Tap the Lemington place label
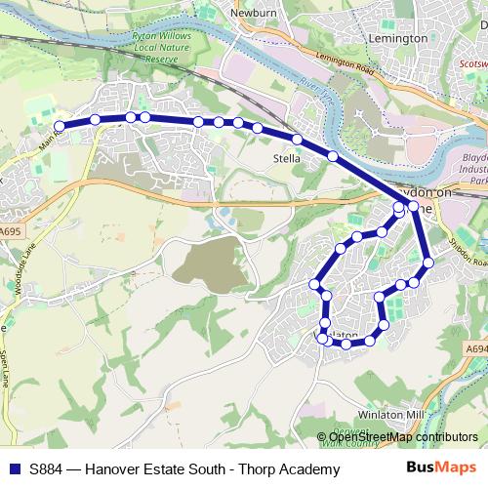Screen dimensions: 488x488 [x=399, y=38]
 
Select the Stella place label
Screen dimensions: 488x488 [x=286, y=156]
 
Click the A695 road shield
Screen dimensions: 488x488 [x=10, y=231]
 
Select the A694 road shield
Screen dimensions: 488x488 [x=475, y=347]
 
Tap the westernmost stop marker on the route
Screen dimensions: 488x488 [x=60, y=126]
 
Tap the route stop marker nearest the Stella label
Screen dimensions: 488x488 [x=297, y=140]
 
